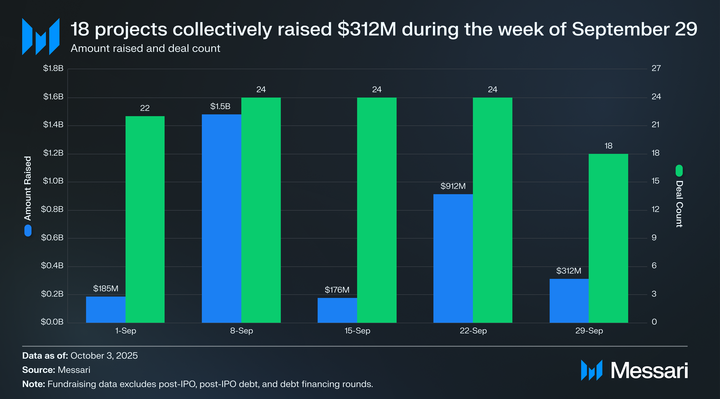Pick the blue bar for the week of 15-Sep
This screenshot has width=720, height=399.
coord(337,310)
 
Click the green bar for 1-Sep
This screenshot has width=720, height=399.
coord(145,219)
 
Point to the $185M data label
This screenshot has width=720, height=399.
coord(106,288)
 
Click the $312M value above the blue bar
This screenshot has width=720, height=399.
coord(569,270)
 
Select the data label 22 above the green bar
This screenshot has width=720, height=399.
coord(145,108)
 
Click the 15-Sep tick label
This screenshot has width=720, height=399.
coord(357,331)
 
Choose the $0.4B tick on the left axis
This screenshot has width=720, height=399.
coord(52,265)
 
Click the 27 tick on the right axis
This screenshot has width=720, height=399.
coord(656,68)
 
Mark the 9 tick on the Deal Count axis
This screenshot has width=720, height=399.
coord(654,238)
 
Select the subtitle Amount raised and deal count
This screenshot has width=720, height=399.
coord(145,48)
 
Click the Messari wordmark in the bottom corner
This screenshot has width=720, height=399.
coord(649,371)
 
